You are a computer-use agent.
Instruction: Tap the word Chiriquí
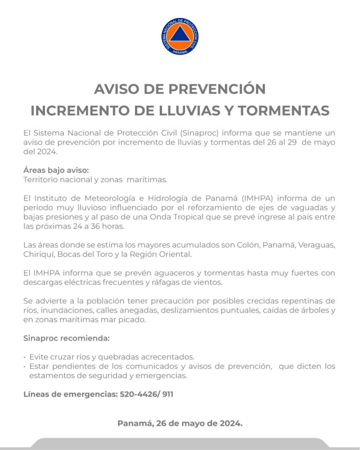(40, 255)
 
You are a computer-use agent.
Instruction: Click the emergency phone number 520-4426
(138, 394)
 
